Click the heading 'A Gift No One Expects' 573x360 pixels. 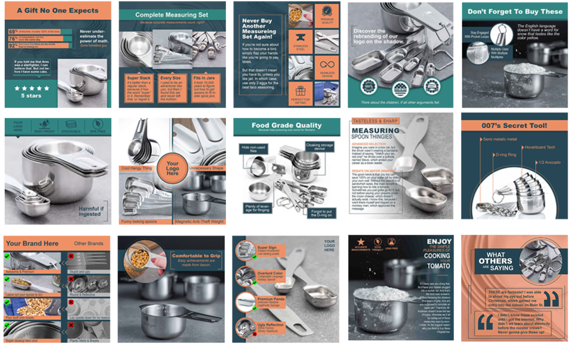coord(58,11)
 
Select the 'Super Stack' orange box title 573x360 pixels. coord(137,77)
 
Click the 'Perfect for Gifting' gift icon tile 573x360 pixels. coord(300,95)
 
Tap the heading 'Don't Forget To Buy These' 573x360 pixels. coord(515,11)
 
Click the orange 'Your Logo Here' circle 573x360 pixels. coord(172,169)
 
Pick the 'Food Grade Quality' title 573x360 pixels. coord(286,126)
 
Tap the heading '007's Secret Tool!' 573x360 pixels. coord(515,126)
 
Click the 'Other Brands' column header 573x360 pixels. coord(88,244)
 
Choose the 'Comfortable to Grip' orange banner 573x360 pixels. coord(197,256)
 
